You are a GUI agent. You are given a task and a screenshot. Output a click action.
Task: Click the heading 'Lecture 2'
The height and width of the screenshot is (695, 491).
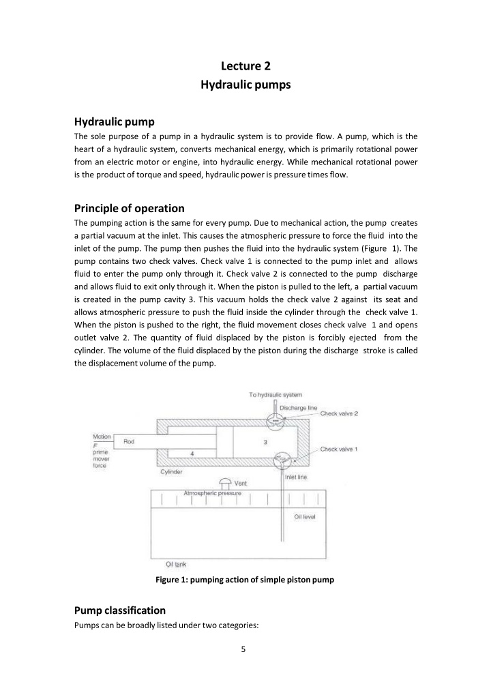(245, 66)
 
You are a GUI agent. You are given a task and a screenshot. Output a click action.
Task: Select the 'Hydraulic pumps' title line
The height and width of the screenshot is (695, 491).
(245, 85)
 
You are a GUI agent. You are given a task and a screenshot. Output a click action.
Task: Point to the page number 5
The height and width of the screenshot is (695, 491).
(244, 648)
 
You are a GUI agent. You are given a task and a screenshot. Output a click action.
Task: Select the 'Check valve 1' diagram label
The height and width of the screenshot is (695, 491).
(339, 449)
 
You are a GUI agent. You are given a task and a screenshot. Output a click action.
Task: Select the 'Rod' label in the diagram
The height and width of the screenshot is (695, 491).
(129, 442)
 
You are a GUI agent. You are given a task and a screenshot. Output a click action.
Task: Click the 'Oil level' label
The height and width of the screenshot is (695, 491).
(304, 516)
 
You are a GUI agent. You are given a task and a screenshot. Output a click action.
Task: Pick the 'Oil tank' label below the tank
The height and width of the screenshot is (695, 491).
(176, 564)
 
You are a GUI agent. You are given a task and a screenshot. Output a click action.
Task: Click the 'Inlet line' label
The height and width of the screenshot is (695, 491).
(300, 477)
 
